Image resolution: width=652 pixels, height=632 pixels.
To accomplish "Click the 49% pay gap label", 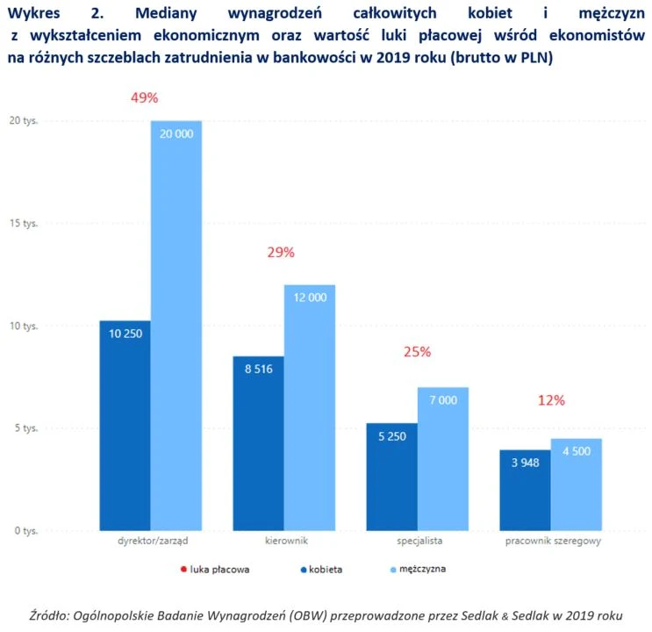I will click(144, 97).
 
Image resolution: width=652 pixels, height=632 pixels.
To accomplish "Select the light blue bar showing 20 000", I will click(176, 325).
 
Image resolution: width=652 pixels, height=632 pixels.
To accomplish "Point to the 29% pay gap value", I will click(281, 252).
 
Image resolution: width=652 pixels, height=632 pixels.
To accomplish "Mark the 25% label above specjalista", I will click(417, 352).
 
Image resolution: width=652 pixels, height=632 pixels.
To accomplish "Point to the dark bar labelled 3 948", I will click(526, 491).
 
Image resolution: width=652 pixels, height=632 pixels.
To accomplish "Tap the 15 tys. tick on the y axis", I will click(24, 223).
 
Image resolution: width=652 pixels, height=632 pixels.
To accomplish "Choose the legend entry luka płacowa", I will click(215, 569).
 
